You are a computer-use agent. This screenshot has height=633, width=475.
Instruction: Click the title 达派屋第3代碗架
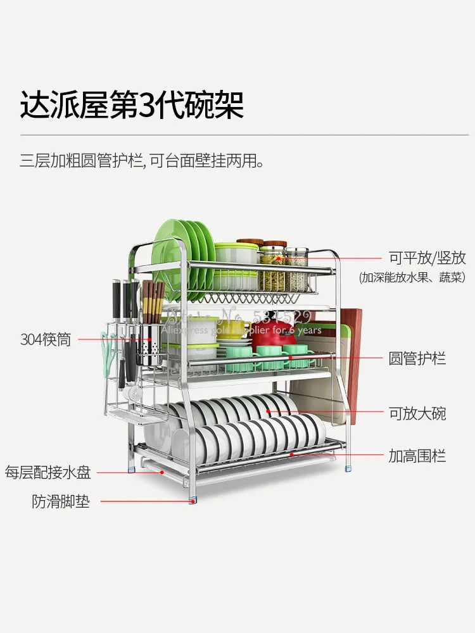(x=132, y=104)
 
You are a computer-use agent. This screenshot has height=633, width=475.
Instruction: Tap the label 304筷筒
(x=46, y=340)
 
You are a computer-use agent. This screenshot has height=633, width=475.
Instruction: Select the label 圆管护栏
(x=417, y=358)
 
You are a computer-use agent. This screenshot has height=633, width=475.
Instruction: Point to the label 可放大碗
(x=417, y=413)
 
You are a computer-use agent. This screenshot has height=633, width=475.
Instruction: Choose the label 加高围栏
(x=417, y=455)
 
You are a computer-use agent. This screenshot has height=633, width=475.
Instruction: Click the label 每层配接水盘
(x=48, y=472)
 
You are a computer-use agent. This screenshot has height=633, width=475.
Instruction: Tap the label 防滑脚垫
(x=61, y=502)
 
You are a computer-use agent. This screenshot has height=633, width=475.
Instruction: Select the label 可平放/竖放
(x=427, y=258)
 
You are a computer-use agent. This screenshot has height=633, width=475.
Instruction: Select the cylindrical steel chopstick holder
(x=151, y=348)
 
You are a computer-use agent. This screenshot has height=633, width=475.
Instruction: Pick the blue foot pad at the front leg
(x=192, y=501)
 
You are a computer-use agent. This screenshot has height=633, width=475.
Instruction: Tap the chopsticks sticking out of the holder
(x=153, y=301)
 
